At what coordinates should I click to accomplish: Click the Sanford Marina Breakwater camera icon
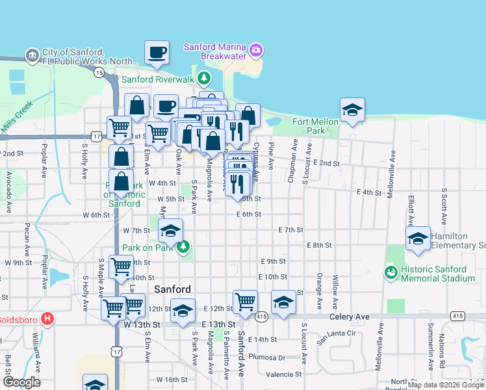(x=256, y=50)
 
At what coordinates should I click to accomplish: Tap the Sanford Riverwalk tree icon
(x=204, y=79)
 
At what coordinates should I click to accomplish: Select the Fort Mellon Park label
(x=315, y=126)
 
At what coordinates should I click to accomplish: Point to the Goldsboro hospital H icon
(x=47, y=319)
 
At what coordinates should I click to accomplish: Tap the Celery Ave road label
(x=348, y=317)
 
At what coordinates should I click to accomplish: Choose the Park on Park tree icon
(x=184, y=246)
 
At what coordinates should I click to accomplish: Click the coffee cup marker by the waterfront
(x=156, y=52)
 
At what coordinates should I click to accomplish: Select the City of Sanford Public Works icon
(x=31, y=55)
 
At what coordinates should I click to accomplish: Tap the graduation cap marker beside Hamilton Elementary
(x=418, y=238)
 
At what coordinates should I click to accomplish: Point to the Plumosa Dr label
(x=272, y=357)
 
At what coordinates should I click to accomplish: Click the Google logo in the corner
(x=21, y=382)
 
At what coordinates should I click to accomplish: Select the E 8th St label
(x=319, y=245)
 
